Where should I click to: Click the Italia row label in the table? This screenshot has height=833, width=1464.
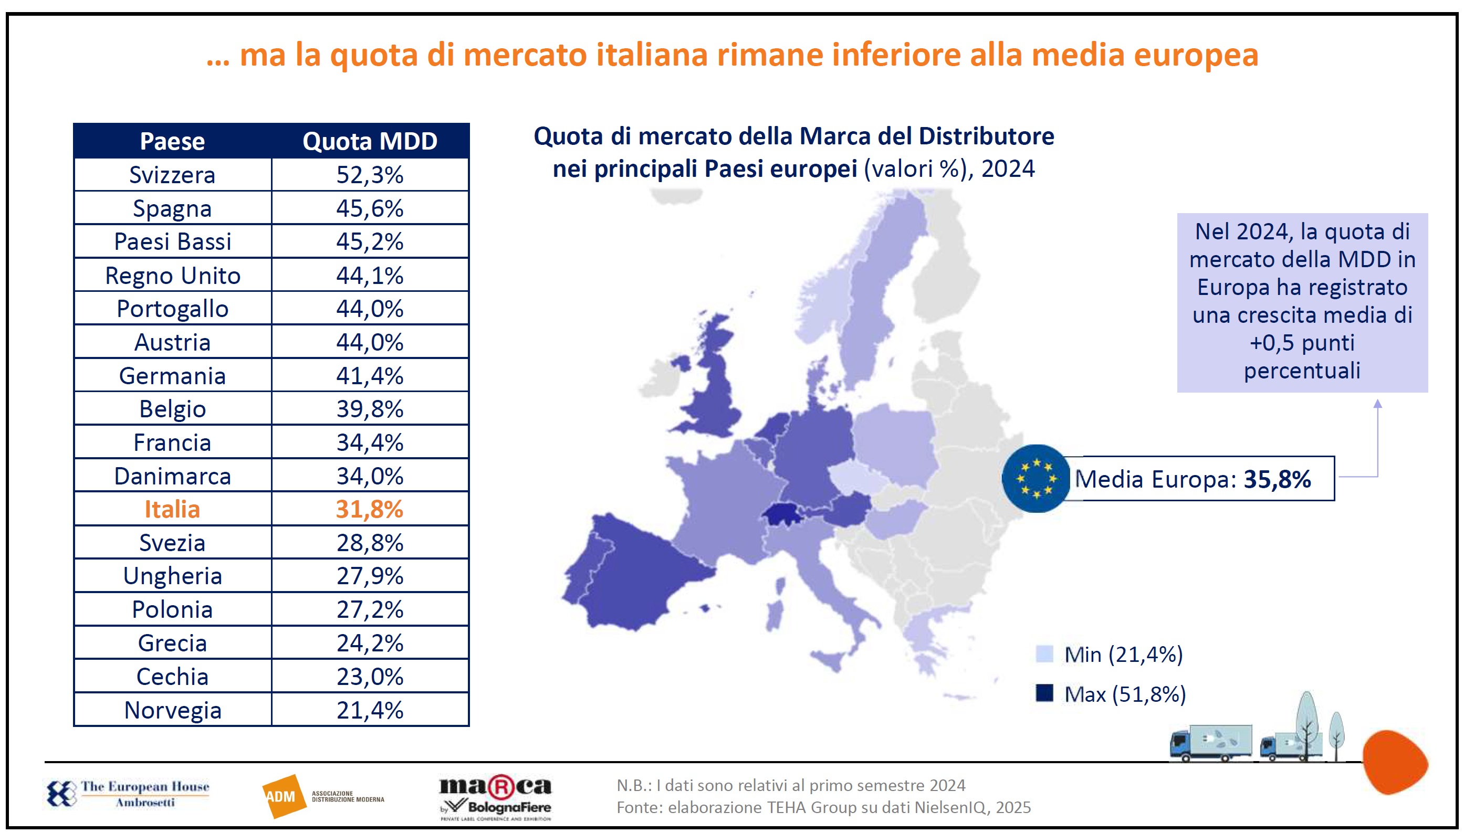[172, 509]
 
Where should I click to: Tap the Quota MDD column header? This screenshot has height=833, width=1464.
[370, 141]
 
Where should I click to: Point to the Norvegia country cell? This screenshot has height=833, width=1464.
[172, 710]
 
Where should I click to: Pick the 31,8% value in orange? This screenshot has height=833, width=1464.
[370, 509]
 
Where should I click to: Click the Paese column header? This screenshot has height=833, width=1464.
[172, 141]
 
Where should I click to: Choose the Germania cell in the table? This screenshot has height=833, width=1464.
[172, 376]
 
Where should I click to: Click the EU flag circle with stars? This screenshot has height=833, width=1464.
[1036, 478]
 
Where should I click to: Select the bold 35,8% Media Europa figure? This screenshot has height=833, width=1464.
[1277, 479]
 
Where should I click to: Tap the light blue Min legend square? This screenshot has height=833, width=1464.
[1044, 654]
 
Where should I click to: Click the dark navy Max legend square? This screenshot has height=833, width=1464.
[1044, 693]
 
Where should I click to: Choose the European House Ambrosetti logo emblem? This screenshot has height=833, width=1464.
[61, 794]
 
